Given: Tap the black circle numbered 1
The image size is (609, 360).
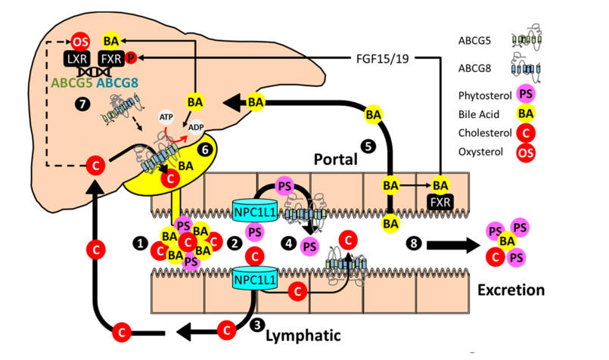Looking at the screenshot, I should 138,243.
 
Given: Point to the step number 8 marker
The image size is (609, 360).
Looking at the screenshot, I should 412,243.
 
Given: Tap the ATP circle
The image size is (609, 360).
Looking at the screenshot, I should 166,117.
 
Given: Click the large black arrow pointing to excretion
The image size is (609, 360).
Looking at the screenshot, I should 454,244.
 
